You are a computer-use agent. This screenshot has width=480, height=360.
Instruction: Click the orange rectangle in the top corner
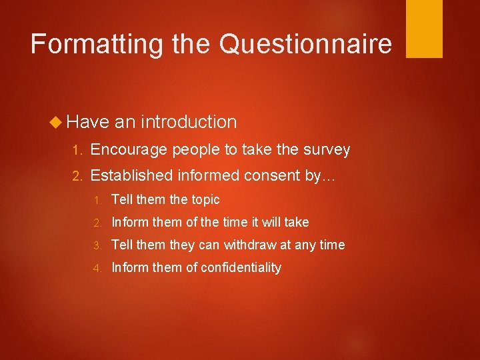click(x=424, y=29)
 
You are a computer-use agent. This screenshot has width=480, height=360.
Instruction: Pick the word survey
click(x=326, y=150)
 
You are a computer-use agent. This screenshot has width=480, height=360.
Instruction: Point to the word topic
click(x=205, y=199)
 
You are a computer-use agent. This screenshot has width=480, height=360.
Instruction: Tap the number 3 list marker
click(x=97, y=245)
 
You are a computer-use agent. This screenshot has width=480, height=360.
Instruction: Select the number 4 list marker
click(x=97, y=268)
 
